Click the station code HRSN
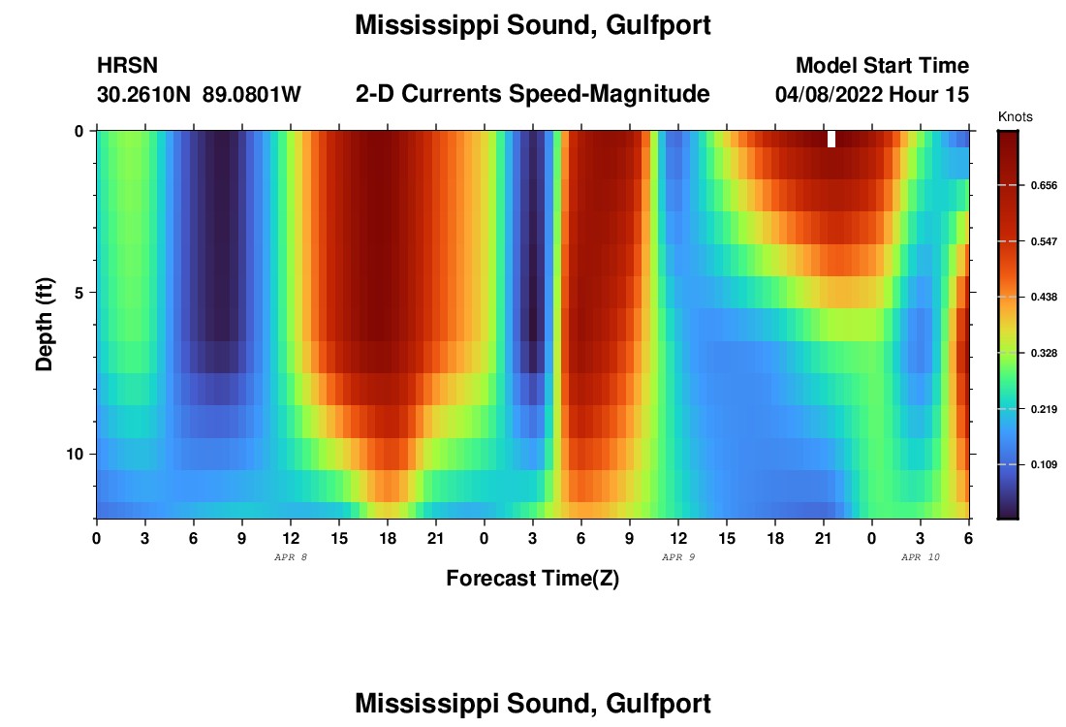(x=127, y=66)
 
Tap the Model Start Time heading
(x=882, y=66)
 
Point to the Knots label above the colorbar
(x=1015, y=116)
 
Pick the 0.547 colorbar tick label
(x=1043, y=240)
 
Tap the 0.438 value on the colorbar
(x=1043, y=297)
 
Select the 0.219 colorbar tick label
(x=1043, y=409)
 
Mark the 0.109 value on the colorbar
(x=1043, y=465)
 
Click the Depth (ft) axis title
(x=44, y=325)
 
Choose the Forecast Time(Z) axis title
(x=532, y=579)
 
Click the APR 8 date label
(x=291, y=557)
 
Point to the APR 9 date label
(x=678, y=557)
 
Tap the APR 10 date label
(x=921, y=557)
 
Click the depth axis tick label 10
(x=79, y=454)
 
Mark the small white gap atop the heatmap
(x=831, y=139)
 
